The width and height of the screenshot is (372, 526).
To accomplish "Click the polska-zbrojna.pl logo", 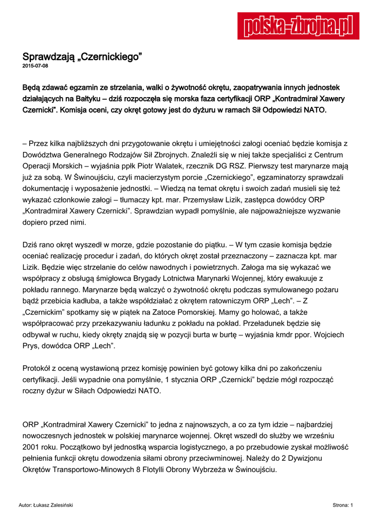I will point(298,25).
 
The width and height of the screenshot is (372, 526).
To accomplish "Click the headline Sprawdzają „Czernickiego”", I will point(82,57).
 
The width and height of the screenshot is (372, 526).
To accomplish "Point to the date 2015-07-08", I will point(35,66).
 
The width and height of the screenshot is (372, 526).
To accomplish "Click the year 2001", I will point(32,447).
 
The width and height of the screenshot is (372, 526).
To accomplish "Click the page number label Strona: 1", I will point(342,505).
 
